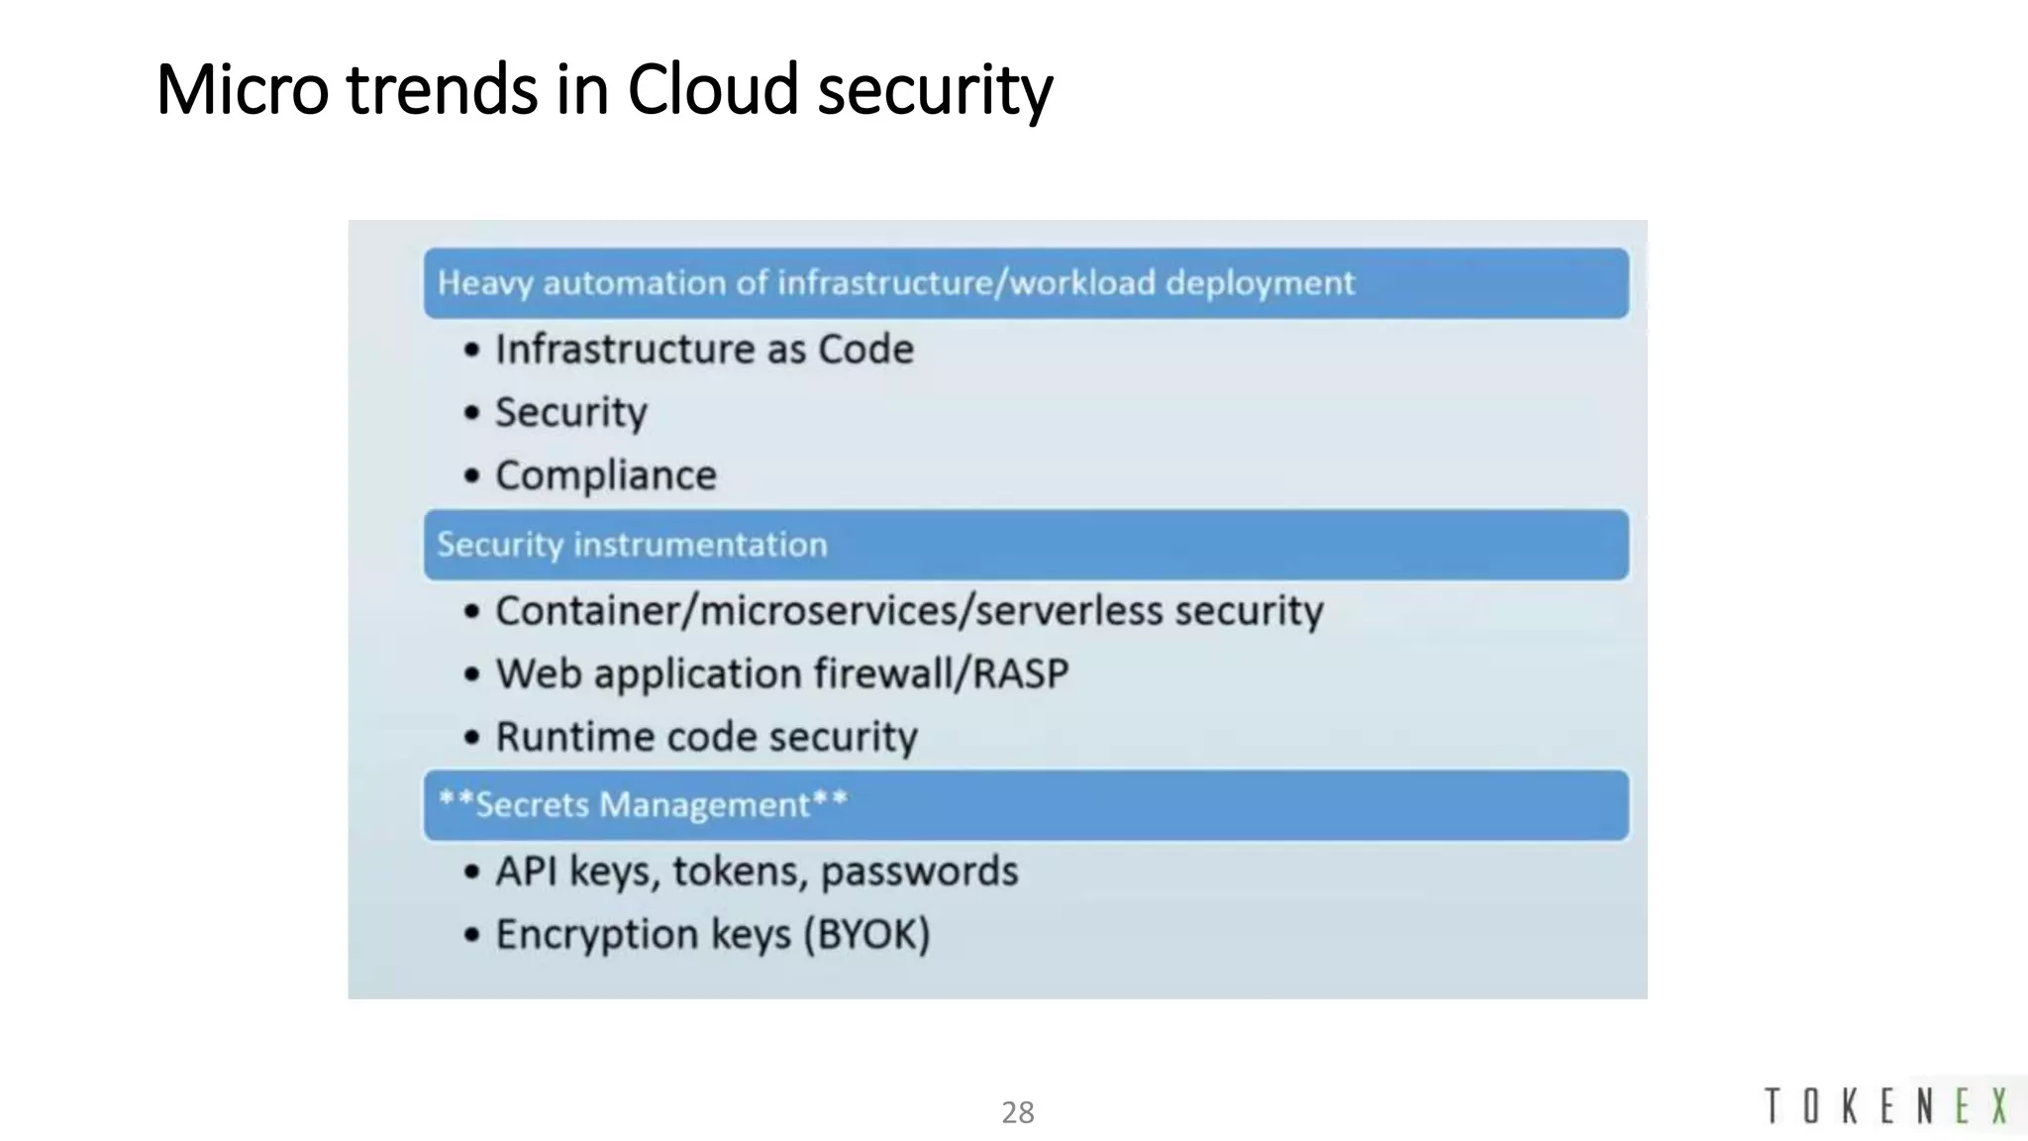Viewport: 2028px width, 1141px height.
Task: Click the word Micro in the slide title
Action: click(x=242, y=89)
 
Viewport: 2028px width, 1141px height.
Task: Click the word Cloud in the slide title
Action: click(x=712, y=89)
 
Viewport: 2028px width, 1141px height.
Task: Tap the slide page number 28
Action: click(x=1017, y=1112)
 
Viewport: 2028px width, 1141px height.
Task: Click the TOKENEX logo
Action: click(x=1886, y=1105)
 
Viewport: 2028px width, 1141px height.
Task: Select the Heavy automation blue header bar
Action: click(x=1026, y=283)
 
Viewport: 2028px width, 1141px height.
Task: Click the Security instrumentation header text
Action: click(x=632, y=545)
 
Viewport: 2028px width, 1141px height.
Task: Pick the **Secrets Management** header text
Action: click(x=643, y=804)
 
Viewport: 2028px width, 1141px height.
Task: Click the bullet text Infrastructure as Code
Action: click(x=704, y=350)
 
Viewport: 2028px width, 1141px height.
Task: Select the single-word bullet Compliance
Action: click(x=605, y=475)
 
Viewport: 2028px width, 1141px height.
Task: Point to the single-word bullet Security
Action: click(x=570, y=412)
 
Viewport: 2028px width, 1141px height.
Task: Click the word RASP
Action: click(x=1020, y=674)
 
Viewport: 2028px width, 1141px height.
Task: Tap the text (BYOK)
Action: click(x=866, y=934)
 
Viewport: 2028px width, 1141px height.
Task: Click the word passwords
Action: click(x=919, y=872)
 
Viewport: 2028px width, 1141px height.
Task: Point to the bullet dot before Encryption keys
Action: click(x=472, y=934)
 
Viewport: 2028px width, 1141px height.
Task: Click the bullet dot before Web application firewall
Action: click(x=472, y=674)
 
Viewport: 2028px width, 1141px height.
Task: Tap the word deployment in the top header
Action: click(x=1259, y=283)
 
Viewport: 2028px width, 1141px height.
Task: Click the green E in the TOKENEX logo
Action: click(x=1962, y=1105)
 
